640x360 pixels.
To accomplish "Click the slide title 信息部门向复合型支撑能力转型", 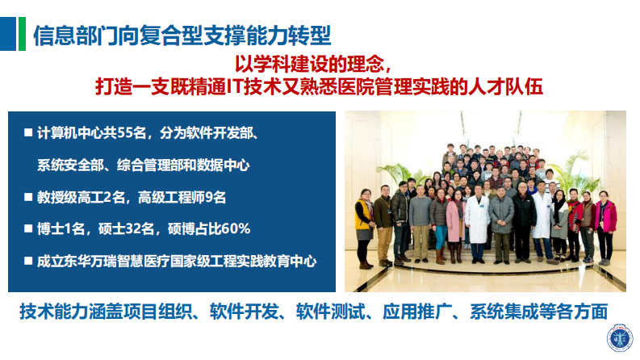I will tap(182, 34).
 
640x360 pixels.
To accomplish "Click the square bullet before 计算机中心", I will tap(28, 132).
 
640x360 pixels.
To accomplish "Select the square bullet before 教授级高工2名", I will tap(28, 196).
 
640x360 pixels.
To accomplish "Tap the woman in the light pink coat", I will tap(454, 220).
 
